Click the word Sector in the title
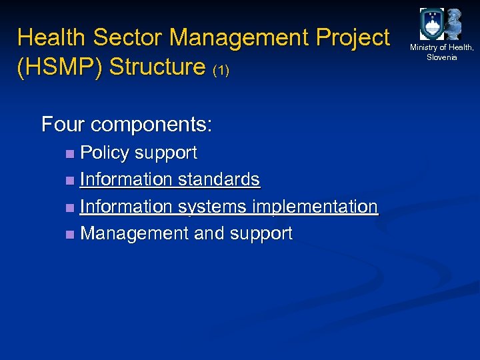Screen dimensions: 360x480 [x=128, y=37]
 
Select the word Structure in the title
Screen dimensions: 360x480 [x=157, y=67]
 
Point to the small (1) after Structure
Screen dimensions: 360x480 [x=221, y=70]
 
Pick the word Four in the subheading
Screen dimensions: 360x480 [x=63, y=125]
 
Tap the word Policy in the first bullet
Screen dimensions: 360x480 [x=105, y=153]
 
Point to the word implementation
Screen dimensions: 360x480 [x=313, y=207]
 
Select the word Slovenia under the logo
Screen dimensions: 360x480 [x=442, y=57]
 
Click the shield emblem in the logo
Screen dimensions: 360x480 [x=431, y=25]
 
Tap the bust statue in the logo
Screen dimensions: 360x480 [x=454, y=24]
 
